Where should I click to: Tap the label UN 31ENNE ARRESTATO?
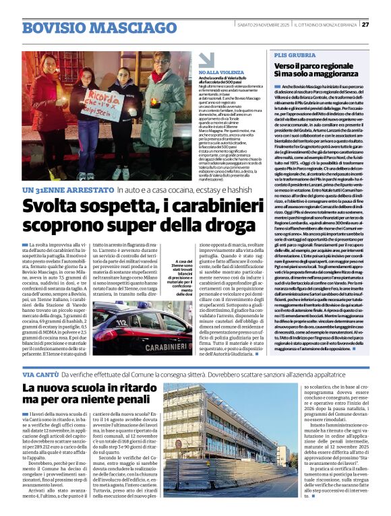(x=67, y=191)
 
